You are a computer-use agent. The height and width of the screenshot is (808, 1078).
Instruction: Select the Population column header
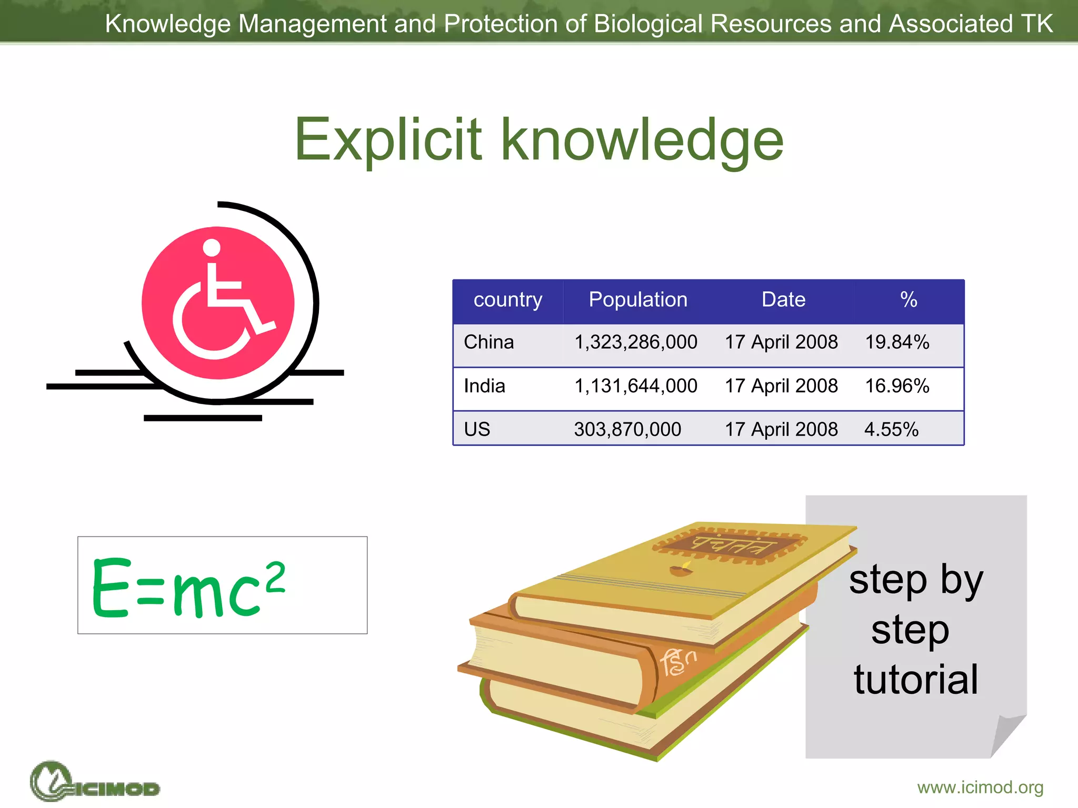click(637, 299)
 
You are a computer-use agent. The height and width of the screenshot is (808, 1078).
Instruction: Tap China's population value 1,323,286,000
click(635, 342)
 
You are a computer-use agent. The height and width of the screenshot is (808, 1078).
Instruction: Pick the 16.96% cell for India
click(897, 386)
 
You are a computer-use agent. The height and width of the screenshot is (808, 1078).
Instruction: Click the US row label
click(477, 429)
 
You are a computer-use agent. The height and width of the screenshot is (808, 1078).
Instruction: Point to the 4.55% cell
click(891, 429)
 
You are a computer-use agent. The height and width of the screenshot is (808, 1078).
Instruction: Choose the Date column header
click(783, 299)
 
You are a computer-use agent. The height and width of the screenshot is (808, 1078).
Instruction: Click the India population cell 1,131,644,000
click(635, 386)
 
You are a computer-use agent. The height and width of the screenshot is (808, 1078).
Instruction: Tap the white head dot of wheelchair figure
click(212, 247)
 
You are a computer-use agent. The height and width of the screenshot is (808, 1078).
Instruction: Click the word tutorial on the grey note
click(916, 680)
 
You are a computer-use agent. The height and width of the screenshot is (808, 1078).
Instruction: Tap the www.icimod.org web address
click(980, 787)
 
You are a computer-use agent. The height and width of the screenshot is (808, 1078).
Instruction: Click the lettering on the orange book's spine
click(678, 662)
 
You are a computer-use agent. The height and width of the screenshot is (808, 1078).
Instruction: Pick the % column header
click(909, 299)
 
